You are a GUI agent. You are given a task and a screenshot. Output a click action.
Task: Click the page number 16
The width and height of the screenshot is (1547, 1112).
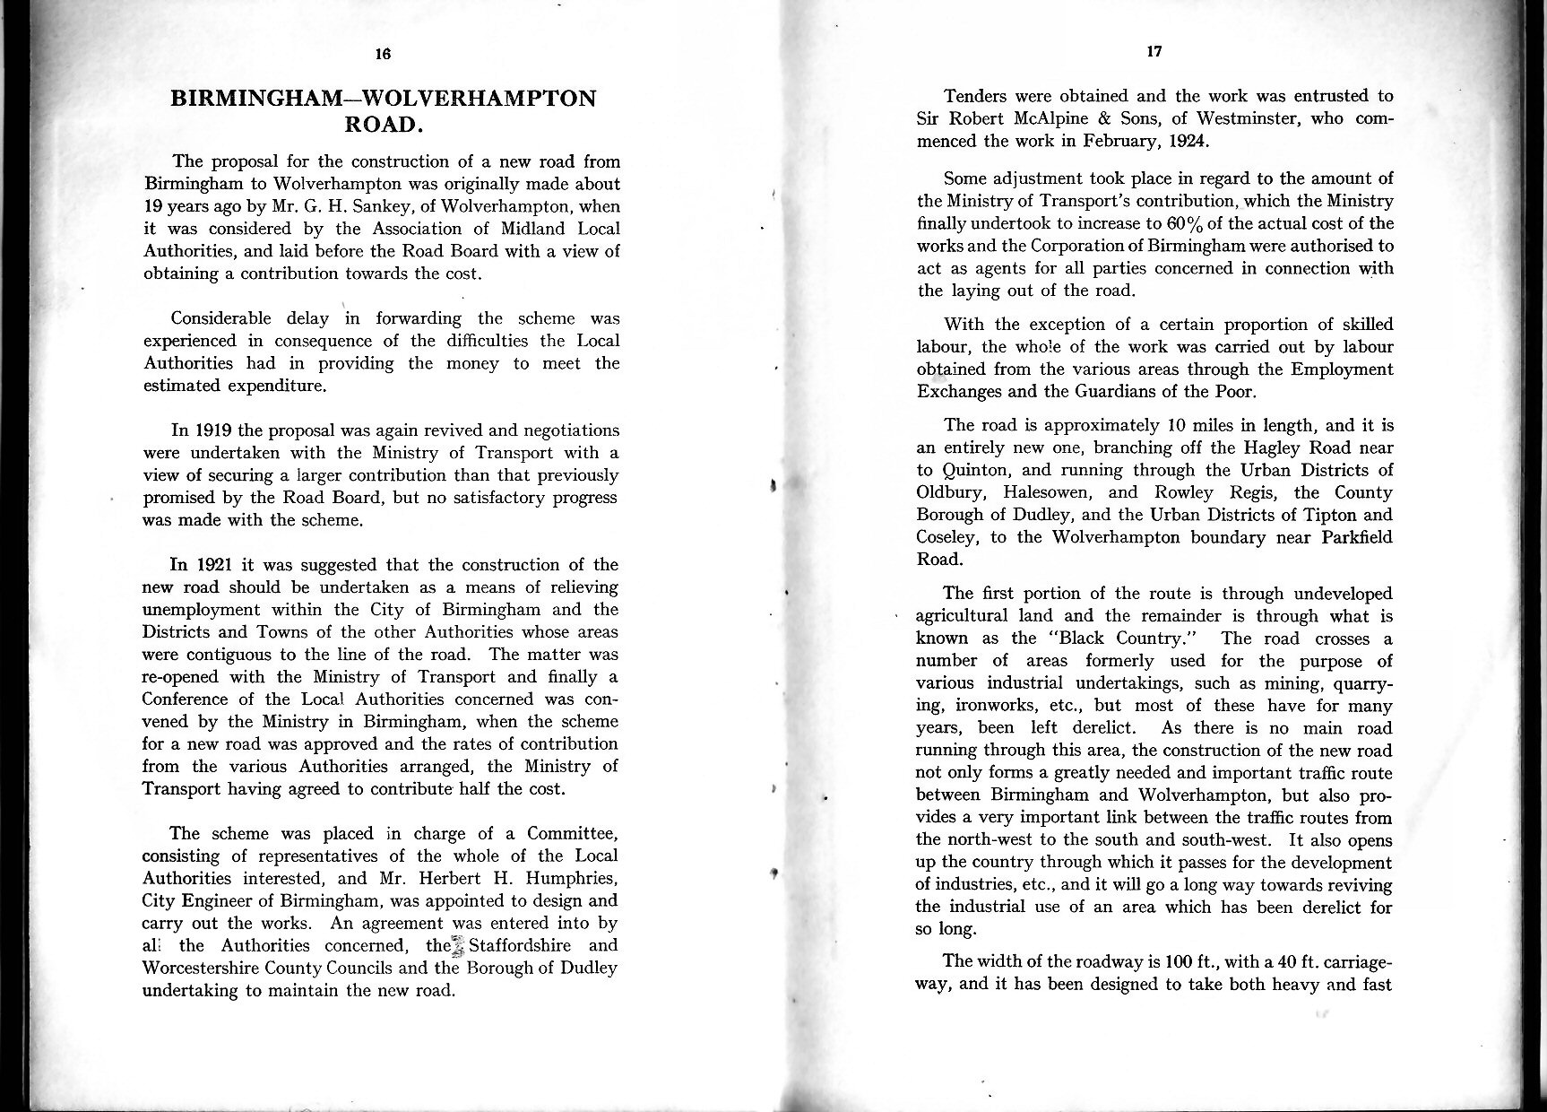[x=383, y=54]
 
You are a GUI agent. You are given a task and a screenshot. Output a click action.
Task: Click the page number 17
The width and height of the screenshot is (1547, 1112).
[x=1154, y=52]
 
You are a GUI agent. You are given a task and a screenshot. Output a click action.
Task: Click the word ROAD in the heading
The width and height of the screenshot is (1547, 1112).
[x=382, y=125]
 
